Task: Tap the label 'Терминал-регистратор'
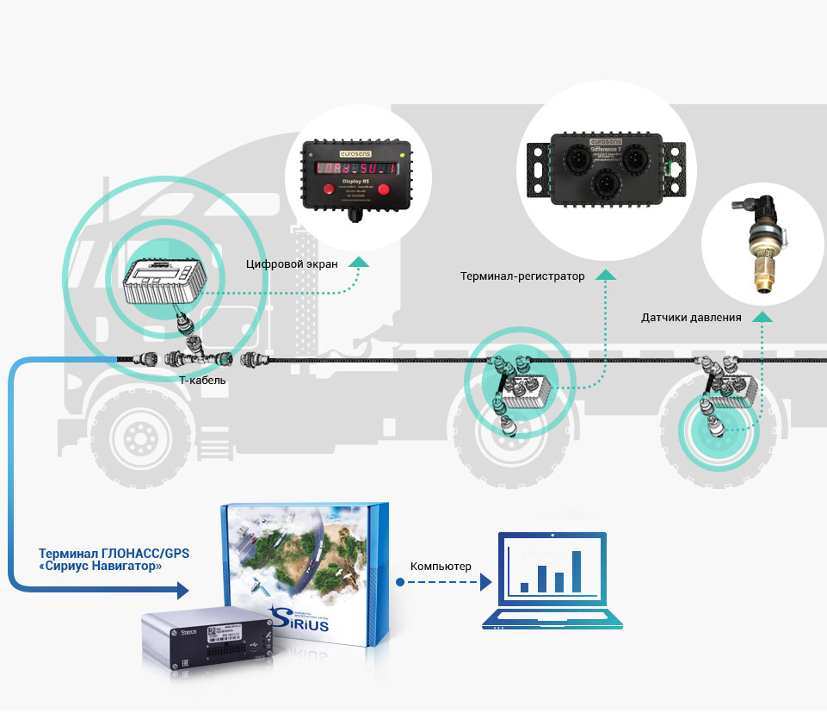click(522, 276)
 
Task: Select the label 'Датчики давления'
click(691, 317)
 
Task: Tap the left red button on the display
click(330, 189)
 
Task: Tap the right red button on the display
click(383, 189)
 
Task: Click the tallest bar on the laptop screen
click(577, 572)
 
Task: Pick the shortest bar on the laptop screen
click(524, 587)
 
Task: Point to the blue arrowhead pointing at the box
click(182, 590)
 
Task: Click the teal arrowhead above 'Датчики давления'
click(762, 318)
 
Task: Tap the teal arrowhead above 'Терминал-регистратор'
click(607, 276)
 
